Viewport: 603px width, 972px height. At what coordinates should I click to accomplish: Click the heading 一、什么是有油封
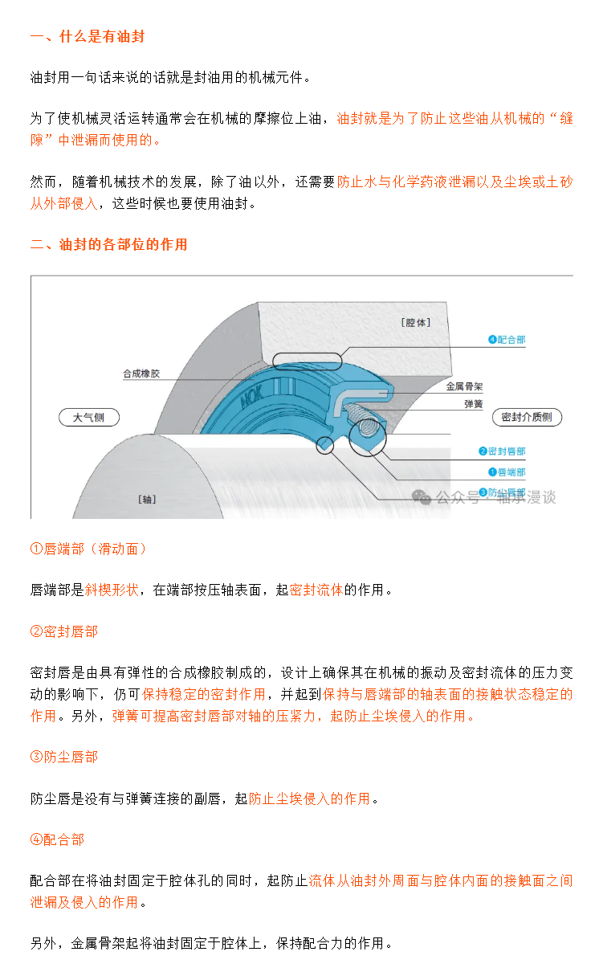[87, 37]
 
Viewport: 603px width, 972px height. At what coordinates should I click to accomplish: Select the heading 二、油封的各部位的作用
[108, 244]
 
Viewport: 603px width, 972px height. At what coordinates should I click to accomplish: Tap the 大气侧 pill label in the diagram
[89, 418]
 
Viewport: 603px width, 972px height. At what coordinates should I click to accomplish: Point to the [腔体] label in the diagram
[415, 323]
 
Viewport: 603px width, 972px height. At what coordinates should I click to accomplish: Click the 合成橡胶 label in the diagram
[141, 374]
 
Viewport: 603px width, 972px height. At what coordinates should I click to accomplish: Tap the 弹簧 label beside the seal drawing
[473, 405]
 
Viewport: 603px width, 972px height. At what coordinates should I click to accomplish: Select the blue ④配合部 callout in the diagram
[506, 340]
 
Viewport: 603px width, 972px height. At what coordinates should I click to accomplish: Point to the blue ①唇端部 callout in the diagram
[506, 472]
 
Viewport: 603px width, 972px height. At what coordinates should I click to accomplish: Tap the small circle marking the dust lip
[325, 444]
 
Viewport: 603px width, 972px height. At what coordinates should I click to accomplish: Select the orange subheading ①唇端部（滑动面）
[88, 549]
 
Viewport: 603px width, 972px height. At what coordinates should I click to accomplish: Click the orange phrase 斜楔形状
[112, 590]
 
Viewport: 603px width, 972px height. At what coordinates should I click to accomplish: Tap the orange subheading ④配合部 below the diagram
[57, 839]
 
